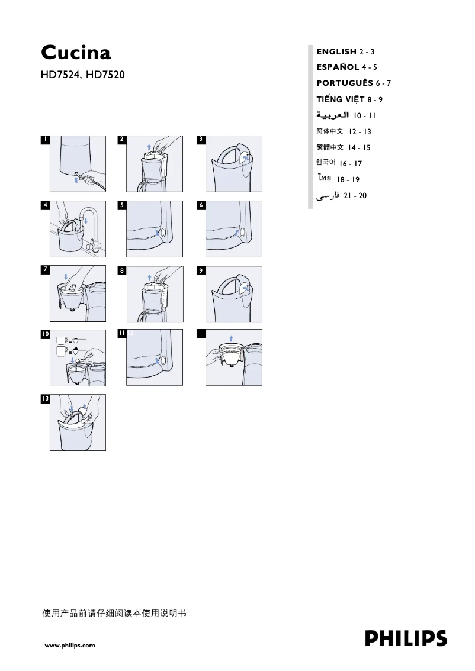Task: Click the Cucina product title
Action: coord(76,53)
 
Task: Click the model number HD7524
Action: coord(61,75)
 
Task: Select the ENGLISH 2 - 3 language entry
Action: coord(345,52)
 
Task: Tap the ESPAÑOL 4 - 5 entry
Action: coord(346,67)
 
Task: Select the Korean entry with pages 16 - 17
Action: coord(338,163)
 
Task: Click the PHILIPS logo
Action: coord(406,638)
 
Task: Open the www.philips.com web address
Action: coord(70,646)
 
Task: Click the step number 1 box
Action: coord(44,140)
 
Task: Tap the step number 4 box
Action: coord(44,205)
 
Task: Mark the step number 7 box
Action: coord(44,269)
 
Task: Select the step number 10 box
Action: coord(45,334)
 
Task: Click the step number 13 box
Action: coord(45,399)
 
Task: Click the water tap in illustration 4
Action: coord(89,222)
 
